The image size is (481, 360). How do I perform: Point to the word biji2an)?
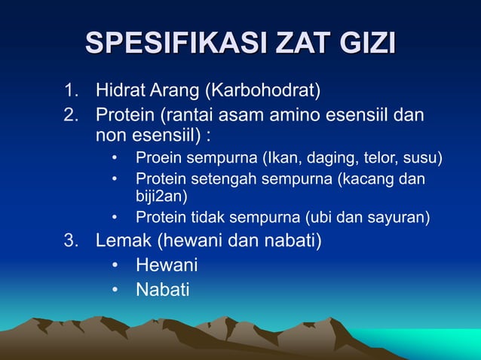[x=161, y=197]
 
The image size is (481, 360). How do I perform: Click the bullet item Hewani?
[x=167, y=265]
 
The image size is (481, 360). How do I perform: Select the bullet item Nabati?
[x=162, y=288]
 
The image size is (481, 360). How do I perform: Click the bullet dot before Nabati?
[x=115, y=289]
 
